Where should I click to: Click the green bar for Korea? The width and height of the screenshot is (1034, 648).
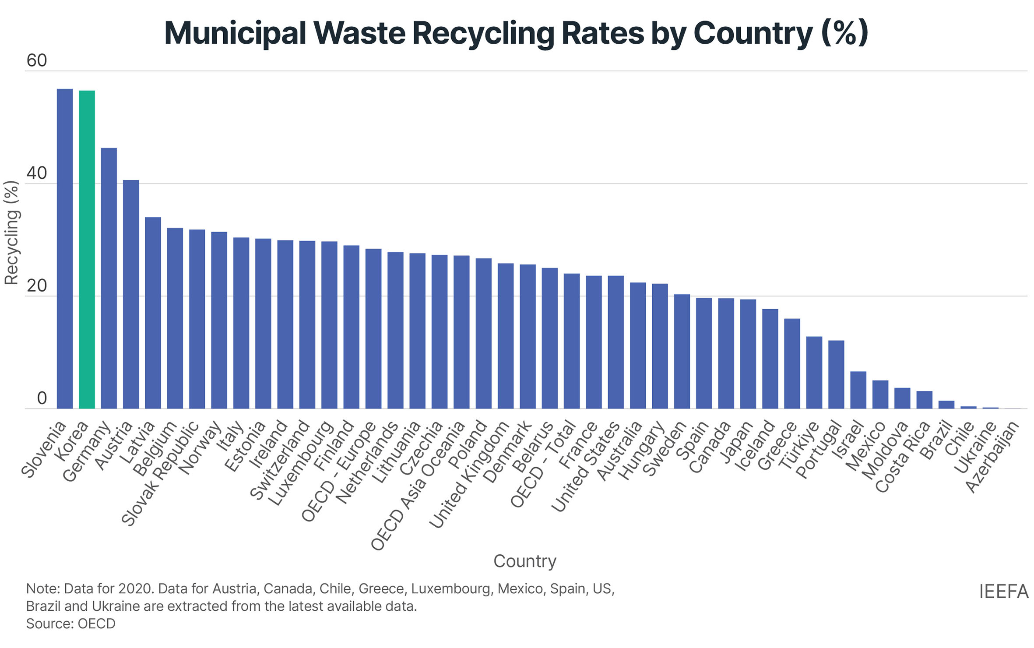pos(87,250)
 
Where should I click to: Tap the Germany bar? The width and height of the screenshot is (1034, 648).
pos(109,278)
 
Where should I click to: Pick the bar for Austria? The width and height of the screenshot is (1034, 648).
pos(131,294)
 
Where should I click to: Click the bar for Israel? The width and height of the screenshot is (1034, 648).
pos(858,390)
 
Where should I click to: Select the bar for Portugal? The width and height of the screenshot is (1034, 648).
pos(836,375)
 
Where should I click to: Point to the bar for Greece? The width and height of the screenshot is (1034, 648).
pos(792,364)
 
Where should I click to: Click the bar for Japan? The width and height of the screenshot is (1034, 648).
pos(748,354)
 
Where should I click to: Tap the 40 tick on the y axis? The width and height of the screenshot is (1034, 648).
pos(36,173)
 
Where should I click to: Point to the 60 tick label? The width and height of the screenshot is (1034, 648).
pos(36,60)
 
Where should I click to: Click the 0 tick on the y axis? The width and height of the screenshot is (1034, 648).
pos(42,398)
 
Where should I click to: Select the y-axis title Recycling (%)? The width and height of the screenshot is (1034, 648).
pos(11,233)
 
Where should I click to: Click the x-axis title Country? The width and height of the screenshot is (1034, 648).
pos(524,561)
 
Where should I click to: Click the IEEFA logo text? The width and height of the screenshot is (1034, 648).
pos(1003,592)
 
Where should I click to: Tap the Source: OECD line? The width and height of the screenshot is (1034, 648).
pos(70,623)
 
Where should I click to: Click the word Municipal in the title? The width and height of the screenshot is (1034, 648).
pos(235,33)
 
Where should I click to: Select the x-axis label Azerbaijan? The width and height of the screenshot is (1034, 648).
pos(993,457)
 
